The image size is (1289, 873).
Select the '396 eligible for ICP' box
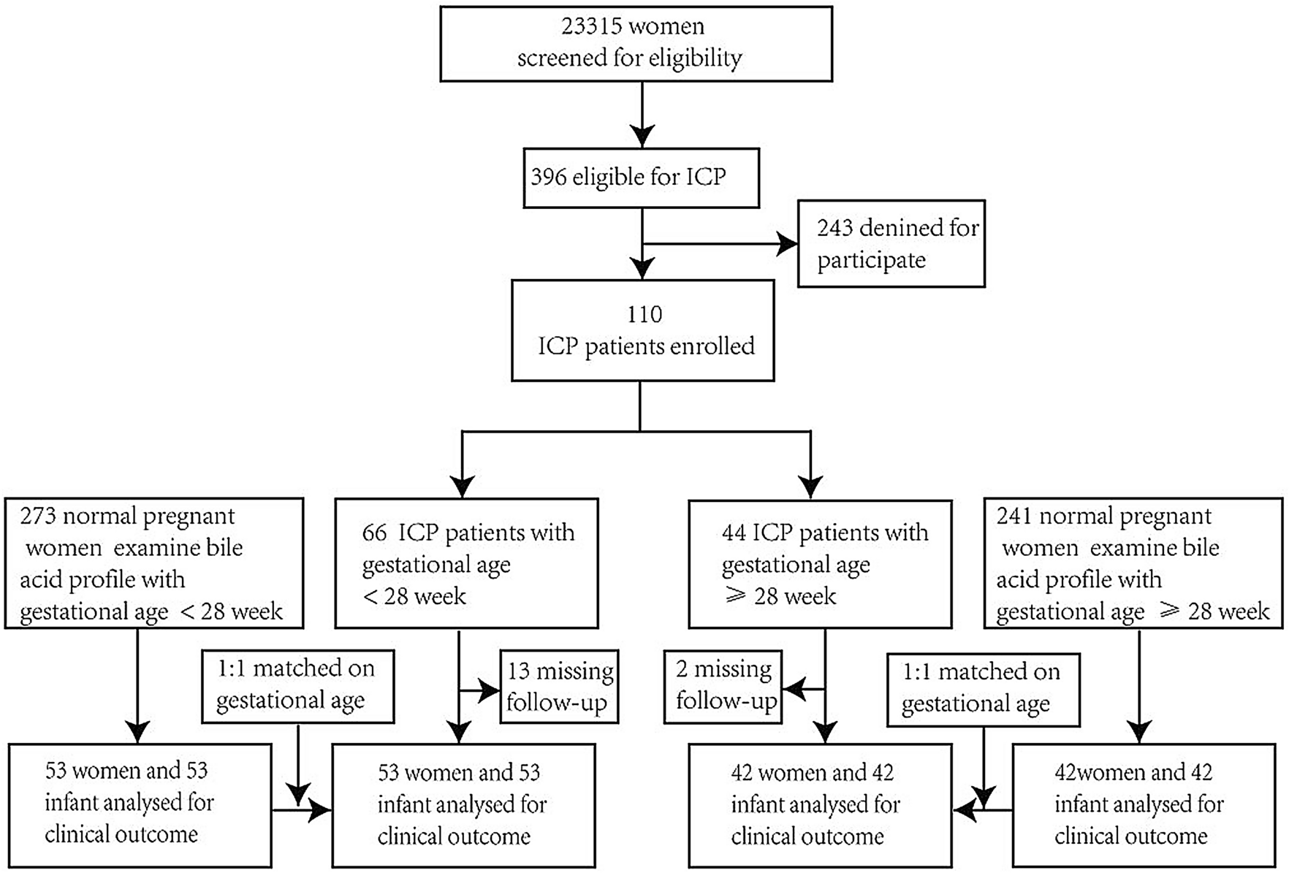[x=641, y=178]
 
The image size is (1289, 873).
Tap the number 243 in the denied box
[x=834, y=228]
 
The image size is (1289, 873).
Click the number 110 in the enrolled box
[x=644, y=314]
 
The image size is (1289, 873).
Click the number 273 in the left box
[x=38, y=516]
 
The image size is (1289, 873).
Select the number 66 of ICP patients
[x=373, y=533]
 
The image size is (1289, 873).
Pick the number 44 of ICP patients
[x=733, y=533]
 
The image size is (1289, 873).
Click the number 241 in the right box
[x=1014, y=516]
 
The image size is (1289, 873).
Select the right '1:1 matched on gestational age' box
[x=983, y=688]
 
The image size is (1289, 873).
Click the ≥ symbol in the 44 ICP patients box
[x=734, y=595]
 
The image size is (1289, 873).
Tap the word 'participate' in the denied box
[x=871, y=261]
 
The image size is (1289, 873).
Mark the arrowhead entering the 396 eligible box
[x=642, y=137]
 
